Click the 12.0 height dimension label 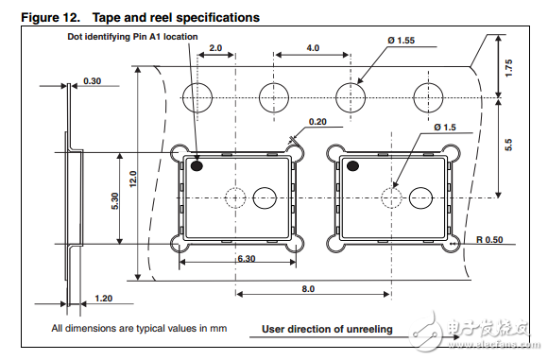[133, 179]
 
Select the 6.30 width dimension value [247, 259]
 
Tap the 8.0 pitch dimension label [308, 289]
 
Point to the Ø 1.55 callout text [401, 41]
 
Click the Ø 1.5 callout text [445, 128]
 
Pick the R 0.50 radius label [489, 240]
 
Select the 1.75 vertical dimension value [508, 68]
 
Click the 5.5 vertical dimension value [508, 145]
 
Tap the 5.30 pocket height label [115, 201]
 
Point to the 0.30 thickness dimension [93, 81]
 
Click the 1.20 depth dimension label [103, 299]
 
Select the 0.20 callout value [317, 122]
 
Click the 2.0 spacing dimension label [215, 48]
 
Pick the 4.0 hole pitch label [313, 48]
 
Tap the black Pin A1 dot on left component [197, 166]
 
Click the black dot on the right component [353, 166]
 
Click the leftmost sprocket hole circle [197, 83]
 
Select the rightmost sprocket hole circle [428, 83]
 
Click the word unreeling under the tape [369, 329]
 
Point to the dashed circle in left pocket [235, 188]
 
